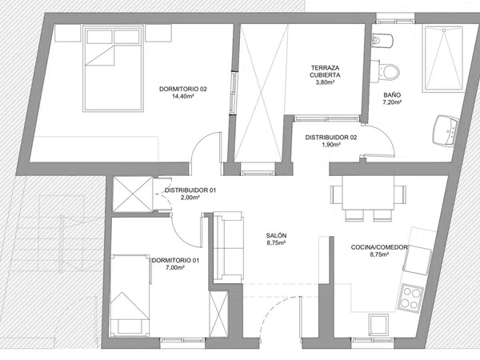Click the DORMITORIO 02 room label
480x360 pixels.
click(x=183, y=89)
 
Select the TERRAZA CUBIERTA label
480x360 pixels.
click(x=325, y=71)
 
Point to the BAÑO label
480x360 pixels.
click(x=392, y=95)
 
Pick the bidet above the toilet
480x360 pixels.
click(x=382, y=41)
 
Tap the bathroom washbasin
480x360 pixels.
click(x=446, y=131)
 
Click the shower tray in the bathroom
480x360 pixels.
click(x=443, y=58)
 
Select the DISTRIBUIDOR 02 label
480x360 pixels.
click(x=331, y=138)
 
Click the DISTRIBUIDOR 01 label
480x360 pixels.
click(x=190, y=190)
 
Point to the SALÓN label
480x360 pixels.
click(x=276, y=235)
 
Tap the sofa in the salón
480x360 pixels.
click(x=228, y=246)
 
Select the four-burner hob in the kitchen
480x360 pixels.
click(x=410, y=297)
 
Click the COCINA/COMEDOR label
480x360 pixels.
click(x=379, y=247)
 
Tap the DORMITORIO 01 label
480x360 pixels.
click(x=175, y=261)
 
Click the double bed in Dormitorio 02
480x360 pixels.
click(x=113, y=68)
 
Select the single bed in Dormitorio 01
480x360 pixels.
click(x=130, y=295)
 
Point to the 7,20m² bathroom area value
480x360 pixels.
click(x=392, y=102)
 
